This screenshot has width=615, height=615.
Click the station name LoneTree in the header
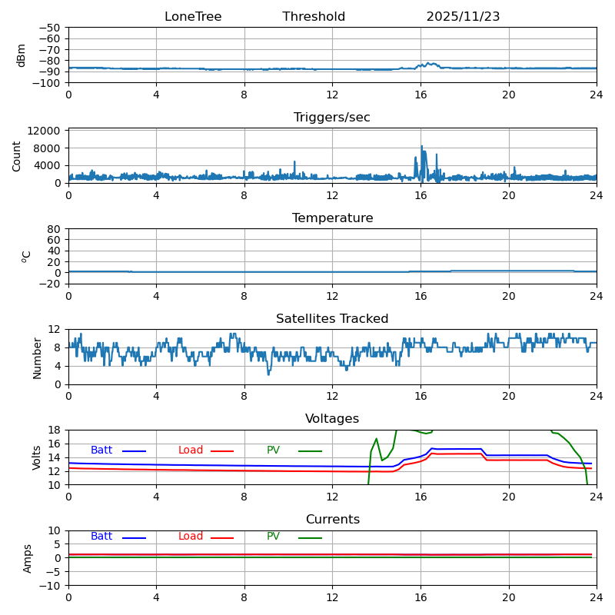pos(192,17)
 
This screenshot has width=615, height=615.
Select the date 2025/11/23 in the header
pos(463,17)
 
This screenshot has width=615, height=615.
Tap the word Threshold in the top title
pos(314,17)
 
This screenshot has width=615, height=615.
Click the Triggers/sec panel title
pos(332,118)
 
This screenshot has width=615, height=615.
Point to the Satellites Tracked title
pos(332,319)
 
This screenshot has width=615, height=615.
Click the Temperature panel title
pos(332,218)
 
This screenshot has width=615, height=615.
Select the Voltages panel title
pos(332,419)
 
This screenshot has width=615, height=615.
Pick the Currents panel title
pos(332,520)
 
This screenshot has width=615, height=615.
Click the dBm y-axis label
pos(22,55)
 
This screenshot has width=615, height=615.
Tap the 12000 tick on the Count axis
pos(48,131)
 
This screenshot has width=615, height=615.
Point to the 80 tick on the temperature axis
pos(55,229)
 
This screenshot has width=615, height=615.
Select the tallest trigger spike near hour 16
pos(421,147)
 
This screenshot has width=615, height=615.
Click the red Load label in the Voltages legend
pos(191,450)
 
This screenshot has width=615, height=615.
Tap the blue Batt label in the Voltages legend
pos(101,450)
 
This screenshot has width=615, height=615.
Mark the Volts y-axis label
pos(37,457)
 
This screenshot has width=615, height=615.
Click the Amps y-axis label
pos(28,558)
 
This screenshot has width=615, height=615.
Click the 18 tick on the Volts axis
pos(55,430)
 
